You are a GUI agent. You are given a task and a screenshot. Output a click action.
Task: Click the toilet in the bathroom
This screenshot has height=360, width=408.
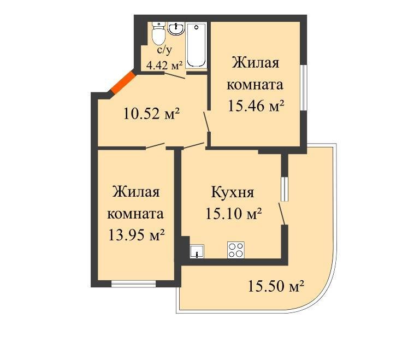[158, 34]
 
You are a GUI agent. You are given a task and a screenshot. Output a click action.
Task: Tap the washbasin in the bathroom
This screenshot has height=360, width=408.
[176, 29]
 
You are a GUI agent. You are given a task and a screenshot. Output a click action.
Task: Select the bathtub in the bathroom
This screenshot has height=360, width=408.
[196, 45]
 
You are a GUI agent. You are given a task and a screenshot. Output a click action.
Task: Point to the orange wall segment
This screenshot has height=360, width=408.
[121, 82]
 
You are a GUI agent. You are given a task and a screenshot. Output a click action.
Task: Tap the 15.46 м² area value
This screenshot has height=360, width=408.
[256, 106]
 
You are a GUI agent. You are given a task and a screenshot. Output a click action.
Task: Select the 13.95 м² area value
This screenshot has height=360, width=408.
[137, 235]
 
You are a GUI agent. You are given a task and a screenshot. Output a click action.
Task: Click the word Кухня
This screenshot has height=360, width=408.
[233, 192]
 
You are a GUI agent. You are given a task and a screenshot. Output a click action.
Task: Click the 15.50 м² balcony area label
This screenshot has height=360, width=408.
[276, 285]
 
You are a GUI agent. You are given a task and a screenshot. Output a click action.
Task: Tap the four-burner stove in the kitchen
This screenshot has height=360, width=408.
[235, 250]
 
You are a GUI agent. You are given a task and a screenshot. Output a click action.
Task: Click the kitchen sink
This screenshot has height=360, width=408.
[197, 252]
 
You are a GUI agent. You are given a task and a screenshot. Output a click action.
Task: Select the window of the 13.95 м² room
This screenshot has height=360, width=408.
[133, 283]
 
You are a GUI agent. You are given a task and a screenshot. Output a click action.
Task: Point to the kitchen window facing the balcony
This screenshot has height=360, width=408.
[284, 189]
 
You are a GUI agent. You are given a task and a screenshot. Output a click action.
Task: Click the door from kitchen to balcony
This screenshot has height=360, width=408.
[282, 213]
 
